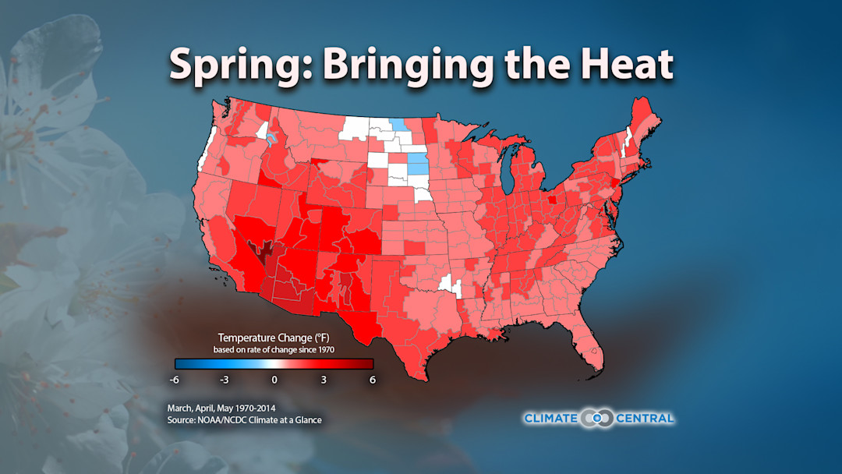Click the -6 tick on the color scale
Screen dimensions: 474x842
point(175,380)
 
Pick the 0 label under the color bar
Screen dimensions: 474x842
point(274,380)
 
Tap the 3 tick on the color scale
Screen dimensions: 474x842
point(324,380)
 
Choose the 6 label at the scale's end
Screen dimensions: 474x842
point(373,380)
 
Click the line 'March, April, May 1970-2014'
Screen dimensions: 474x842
point(222,408)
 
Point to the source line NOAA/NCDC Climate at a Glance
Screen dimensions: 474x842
point(244,420)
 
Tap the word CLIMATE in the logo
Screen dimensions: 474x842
point(550,419)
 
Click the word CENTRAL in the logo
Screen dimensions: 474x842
point(645,419)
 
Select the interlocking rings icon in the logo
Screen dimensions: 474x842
point(597,419)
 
